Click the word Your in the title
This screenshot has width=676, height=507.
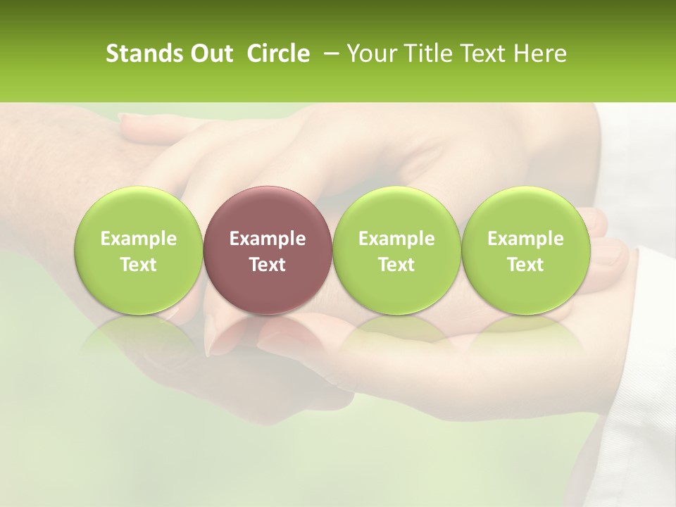pyautogui.click(x=370, y=54)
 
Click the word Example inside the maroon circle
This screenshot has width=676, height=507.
pyautogui.click(x=268, y=239)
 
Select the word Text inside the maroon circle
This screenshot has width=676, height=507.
pyautogui.click(x=268, y=265)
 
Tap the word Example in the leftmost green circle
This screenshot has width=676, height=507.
pyautogui.click(x=139, y=239)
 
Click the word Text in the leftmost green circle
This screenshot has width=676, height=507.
pyautogui.click(x=139, y=265)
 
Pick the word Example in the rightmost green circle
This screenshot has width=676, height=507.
pyautogui.click(x=525, y=239)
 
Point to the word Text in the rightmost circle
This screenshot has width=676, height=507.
pyautogui.click(x=525, y=265)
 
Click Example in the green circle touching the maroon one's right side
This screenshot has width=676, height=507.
pyautogui.click(x=396, y=239)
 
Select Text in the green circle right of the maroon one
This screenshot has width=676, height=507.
pyautogui.click(x=396, y=265)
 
